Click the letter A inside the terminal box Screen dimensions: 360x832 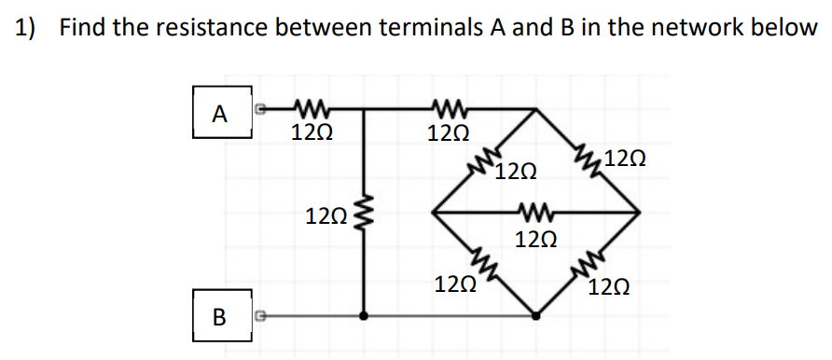(220, 115)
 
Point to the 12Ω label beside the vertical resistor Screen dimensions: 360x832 (326, 218)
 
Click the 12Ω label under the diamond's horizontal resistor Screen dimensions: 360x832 (536, 240)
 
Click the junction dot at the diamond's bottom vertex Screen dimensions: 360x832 (535, 316)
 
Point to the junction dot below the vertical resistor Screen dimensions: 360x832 (364, 316)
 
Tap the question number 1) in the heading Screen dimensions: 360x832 (25, 28)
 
